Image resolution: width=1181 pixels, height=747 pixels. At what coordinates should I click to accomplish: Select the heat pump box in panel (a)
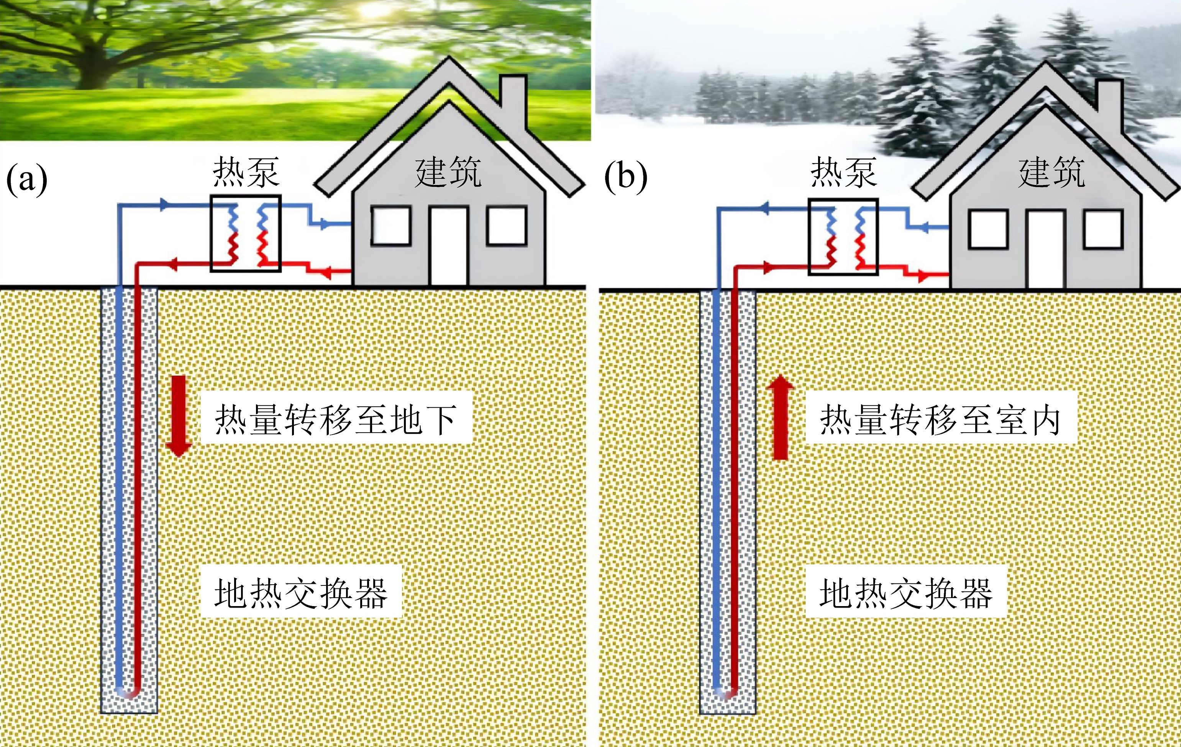[245, 233]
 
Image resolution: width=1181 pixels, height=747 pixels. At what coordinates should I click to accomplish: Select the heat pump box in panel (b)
[843, 236]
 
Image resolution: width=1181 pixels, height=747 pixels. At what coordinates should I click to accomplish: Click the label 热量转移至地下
[336, 420]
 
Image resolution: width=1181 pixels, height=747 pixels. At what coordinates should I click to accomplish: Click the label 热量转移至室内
[941, 420]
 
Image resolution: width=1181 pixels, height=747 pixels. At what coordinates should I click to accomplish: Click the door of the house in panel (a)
[449, 246]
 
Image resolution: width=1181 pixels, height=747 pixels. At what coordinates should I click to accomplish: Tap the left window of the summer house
[390, 226]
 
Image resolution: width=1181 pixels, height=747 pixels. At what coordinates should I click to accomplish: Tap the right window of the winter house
[1103, 229]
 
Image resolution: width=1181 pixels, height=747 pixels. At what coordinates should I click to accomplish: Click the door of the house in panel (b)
[1046, 249]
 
